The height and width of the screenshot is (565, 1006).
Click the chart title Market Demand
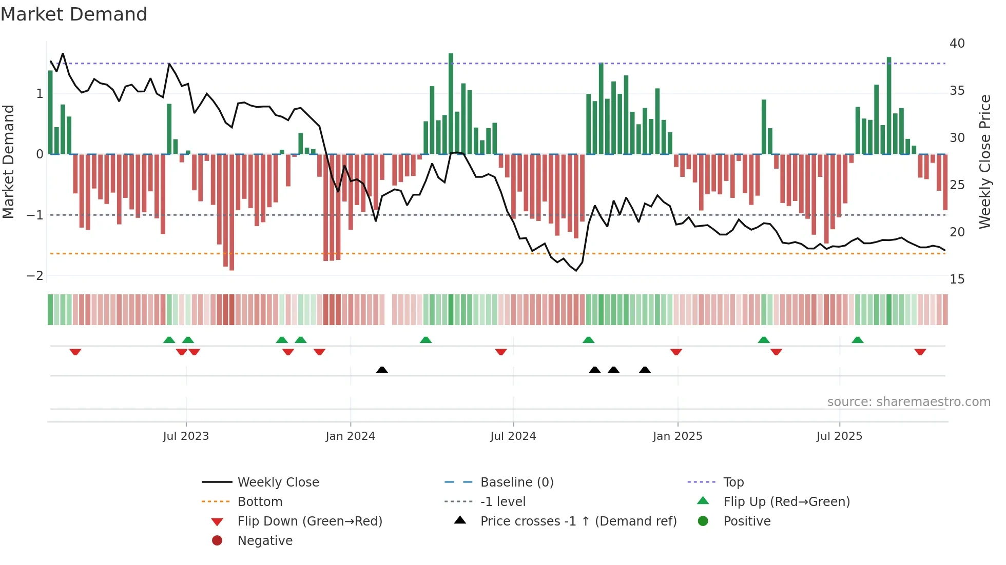click(x=74, y=14)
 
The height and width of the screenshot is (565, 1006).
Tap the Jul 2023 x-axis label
click(x=186, y=436)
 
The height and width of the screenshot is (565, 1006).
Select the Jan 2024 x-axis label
click(x=350, y=436)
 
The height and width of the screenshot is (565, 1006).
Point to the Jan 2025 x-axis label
click(x=678, y=436)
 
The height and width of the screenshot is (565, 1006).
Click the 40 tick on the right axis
click(x=957, y=44)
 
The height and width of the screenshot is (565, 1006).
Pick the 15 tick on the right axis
click(x=957, y=279)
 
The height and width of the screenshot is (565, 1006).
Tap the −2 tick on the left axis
click(x=35, y=276)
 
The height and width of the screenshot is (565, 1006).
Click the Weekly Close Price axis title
click(x=984, y=162)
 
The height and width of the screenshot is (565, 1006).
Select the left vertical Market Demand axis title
click(x=8, y=162)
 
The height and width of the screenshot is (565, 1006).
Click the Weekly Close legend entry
click(x=278, y=482)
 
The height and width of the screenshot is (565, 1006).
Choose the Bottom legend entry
click(x=260, y=502)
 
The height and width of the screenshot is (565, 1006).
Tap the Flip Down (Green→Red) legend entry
click(x=309, y=521)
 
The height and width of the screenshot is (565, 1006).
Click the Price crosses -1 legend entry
click(x=578, y=521)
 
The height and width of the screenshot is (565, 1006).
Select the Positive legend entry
click(x=747, y=521)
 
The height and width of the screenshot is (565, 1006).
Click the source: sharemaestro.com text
click(x=908, y=402)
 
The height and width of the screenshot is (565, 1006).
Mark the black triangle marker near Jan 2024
click(x=382, y=370)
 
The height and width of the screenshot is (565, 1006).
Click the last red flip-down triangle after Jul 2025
click(x=920, y=352)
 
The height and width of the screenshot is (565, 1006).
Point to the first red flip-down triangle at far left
click(x=75, y=352)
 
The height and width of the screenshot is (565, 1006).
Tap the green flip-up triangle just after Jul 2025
click(x=857, y=340)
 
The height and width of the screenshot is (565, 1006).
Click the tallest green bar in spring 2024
click(x=451, y=103)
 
